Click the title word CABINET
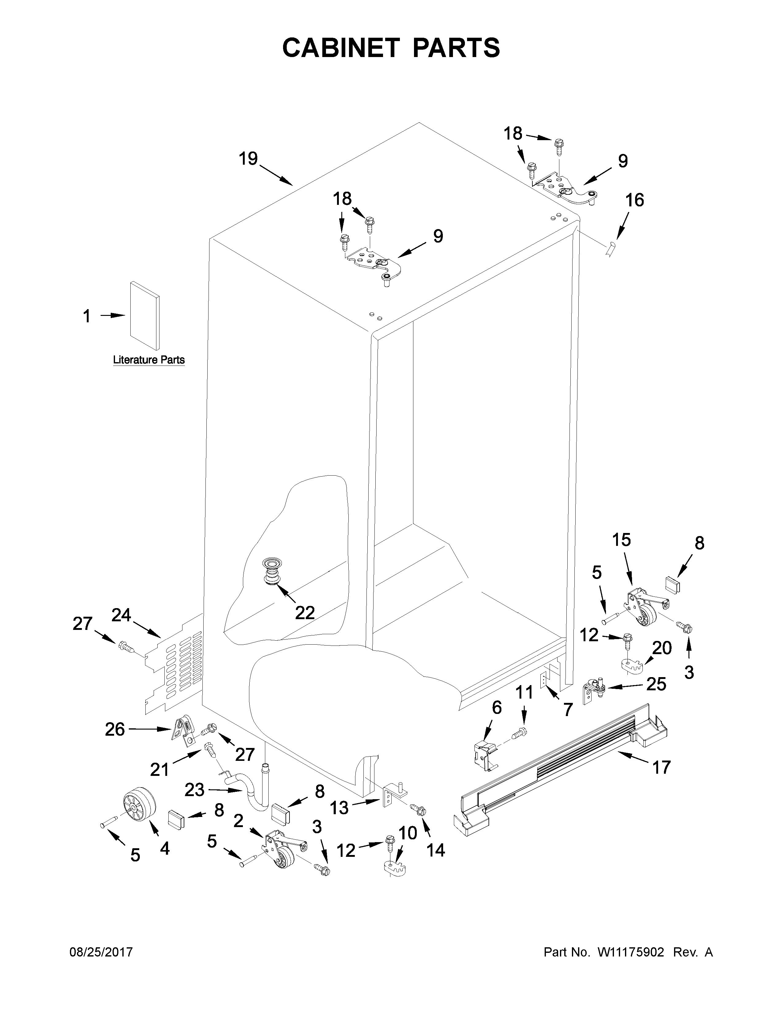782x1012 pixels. [340, 48]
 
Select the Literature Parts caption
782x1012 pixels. [149, 360]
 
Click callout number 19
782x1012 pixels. [248, 159]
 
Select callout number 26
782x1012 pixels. [115, 729]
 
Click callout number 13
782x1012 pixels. [339, 808]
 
